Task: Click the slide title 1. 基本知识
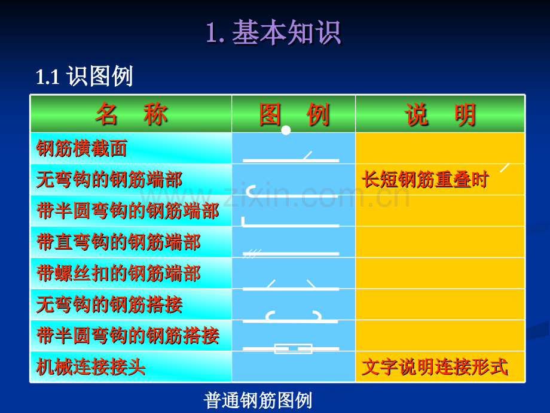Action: click(x=273, y=32)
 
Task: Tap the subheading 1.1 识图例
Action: click(x=84, y=77)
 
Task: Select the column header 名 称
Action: click(x=131, y=114)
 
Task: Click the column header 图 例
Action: click(x=294, y=114)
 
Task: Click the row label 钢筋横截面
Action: click(x=82, y=148)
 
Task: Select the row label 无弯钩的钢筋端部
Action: click(x=109, y=180)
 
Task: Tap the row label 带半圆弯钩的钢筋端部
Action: click(x=127, y=211)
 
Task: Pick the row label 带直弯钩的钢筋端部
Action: click(x=118, y=242)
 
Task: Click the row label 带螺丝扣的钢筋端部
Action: click(x=118, y=274)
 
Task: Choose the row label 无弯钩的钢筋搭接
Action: click(x=109, y=305)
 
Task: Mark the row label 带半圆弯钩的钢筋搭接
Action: click(x=127, y=336)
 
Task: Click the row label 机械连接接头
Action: click(x=91, y=366)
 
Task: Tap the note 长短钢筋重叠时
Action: click(x=425, y=180)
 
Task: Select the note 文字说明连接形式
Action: click(x=435, y=367)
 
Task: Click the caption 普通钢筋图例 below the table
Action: click(x=258, y=400)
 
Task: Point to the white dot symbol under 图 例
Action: click(x=286, y=130)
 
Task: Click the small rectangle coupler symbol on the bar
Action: click(x=293, y=348)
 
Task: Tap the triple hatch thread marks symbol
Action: click(x=253, y=254)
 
